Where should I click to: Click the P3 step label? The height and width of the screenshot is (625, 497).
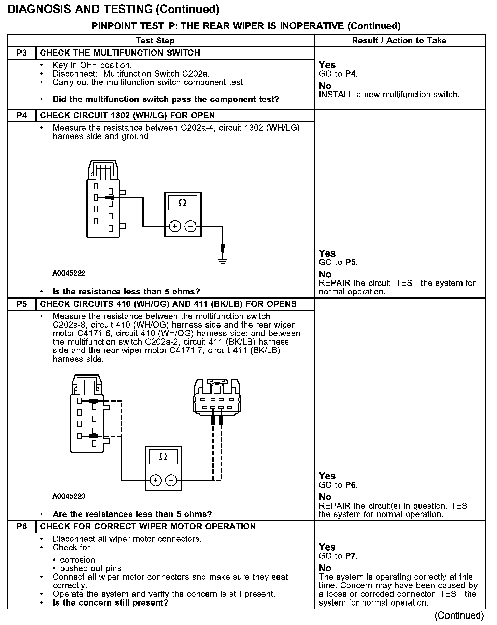coord(22,53)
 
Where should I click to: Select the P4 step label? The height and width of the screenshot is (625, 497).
coord(22,115)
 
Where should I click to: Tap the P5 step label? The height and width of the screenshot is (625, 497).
coord(22,304)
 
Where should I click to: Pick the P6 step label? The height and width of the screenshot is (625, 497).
coord(22,526)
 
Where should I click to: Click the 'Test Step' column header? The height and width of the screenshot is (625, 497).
coord(155,41)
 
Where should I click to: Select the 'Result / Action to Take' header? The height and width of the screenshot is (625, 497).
coord(399,41)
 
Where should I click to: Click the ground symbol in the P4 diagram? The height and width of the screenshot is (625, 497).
coord(223,262)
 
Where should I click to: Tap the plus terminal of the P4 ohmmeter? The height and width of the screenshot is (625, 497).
coord(175,226)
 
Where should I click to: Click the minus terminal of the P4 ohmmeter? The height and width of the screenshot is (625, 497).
coord(190,226)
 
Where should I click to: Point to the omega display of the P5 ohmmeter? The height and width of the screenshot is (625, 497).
coord(163,457)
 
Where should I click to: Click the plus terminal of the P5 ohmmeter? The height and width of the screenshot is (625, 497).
coord(155,480)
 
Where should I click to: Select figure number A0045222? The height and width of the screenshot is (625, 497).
coord(69,273)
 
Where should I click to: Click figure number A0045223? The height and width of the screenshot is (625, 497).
coord(69,496)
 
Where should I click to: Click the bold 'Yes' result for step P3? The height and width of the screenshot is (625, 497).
coord(327,65)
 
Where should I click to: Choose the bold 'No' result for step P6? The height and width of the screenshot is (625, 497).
coord(325,568)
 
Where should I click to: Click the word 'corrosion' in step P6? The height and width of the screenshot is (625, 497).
coord(77,560)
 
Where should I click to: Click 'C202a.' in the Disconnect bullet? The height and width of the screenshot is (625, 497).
coord(198,74)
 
